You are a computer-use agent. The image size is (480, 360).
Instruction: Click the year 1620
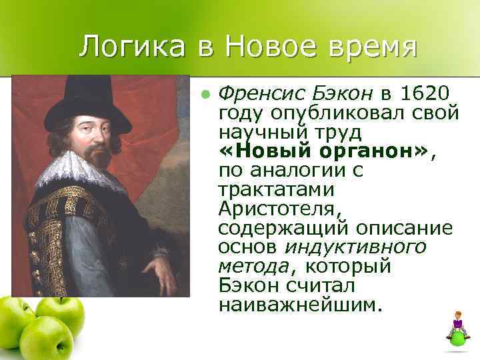[428, 92]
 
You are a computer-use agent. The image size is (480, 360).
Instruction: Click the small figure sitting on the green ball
[457, 323]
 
